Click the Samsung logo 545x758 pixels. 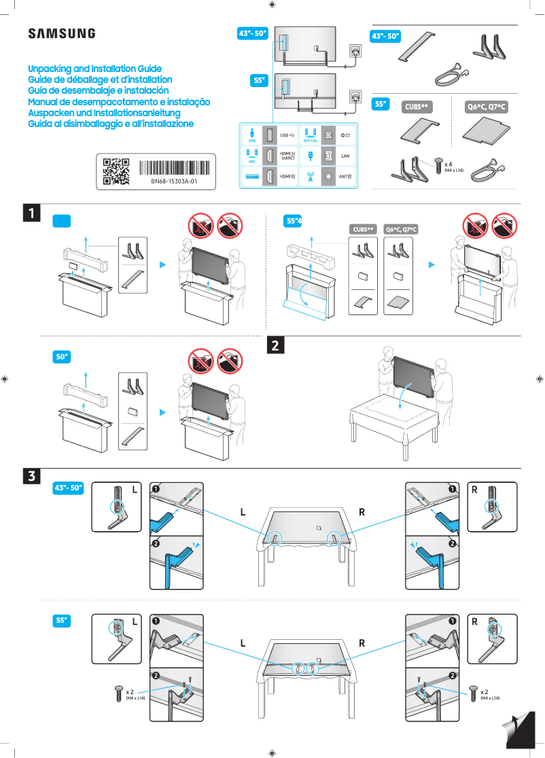(61, 34)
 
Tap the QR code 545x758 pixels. (116, 171)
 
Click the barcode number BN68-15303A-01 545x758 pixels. (174, 182)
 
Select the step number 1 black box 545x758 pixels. (31, 213)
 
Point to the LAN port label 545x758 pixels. (345, 156)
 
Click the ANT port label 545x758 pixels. (345, 177)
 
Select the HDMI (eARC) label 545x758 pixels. (287, 156)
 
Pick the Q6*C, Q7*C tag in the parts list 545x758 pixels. (487, 107)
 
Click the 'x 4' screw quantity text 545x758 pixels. (449, 164)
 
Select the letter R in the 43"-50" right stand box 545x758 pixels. (474, 489)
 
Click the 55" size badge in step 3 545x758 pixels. (63, 620)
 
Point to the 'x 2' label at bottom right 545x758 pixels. (485, 691)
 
